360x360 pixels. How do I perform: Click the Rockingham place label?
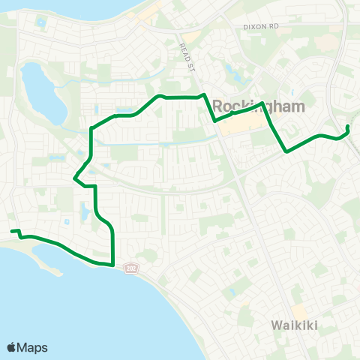coord(259,106)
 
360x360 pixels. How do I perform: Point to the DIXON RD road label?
coord(260,26)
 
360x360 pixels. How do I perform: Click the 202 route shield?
coord(132,268)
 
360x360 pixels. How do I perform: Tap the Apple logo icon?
coord(12,347)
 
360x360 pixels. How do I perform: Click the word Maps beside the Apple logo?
coord(34,347)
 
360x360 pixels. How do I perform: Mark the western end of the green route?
coord(11,232)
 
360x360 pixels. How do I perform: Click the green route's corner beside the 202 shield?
coord(112,264)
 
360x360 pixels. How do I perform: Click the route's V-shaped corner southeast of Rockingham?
coord(286,151)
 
